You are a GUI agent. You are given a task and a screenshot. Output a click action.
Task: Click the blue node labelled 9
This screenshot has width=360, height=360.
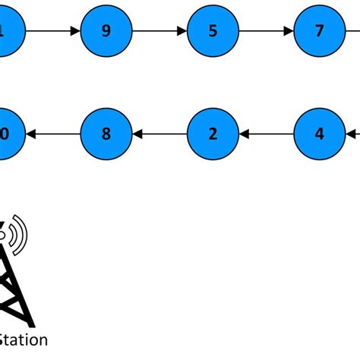106,31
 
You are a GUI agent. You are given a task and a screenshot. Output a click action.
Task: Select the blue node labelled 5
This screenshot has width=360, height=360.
213,31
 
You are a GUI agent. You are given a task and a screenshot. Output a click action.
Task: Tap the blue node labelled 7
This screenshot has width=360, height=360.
319,31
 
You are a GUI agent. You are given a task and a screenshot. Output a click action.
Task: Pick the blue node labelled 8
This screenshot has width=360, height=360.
106,134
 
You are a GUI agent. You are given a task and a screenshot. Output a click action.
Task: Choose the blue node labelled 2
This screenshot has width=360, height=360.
213,134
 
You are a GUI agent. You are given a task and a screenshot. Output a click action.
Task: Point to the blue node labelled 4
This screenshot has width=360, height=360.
319,134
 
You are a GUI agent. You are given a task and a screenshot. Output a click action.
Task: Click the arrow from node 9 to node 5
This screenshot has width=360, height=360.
159,31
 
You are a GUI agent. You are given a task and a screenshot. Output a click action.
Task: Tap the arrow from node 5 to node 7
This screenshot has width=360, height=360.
266,31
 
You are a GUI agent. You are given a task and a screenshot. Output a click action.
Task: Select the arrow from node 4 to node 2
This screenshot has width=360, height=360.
266,134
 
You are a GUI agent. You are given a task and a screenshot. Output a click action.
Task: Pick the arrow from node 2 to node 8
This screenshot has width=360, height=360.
159,134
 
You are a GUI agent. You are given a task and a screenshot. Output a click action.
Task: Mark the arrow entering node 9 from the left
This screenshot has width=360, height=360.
53,31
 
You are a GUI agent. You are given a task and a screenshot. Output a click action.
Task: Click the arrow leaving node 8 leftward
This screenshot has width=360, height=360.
53,134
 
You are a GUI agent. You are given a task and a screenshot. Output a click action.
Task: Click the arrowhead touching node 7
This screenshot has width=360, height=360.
289,31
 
